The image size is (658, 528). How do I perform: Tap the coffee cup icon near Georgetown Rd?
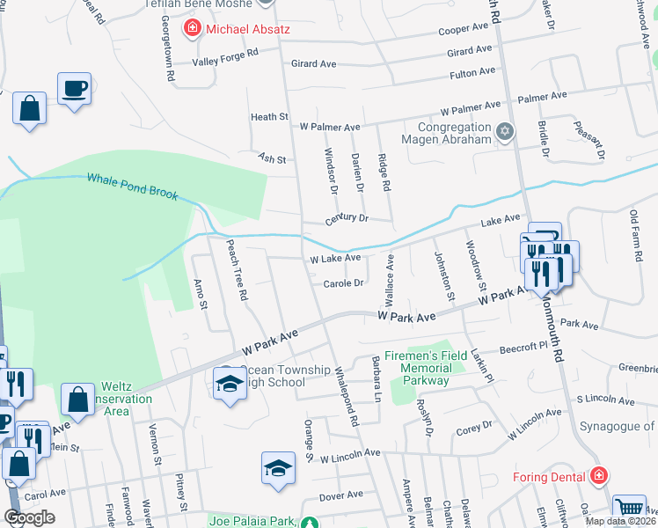74,88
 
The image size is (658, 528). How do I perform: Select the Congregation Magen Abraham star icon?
504,133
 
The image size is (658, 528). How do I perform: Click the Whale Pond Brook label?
132,186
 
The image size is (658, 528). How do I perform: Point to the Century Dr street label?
345,217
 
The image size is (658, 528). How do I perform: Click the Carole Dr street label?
343,283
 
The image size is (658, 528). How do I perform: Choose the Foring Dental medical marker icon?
599,476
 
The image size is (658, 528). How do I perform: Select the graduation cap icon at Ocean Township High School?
230,384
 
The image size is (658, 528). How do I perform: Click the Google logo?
29,517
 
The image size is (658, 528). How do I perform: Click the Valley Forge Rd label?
226,57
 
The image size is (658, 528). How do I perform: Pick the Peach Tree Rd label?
237,269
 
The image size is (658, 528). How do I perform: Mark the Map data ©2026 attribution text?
619,521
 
